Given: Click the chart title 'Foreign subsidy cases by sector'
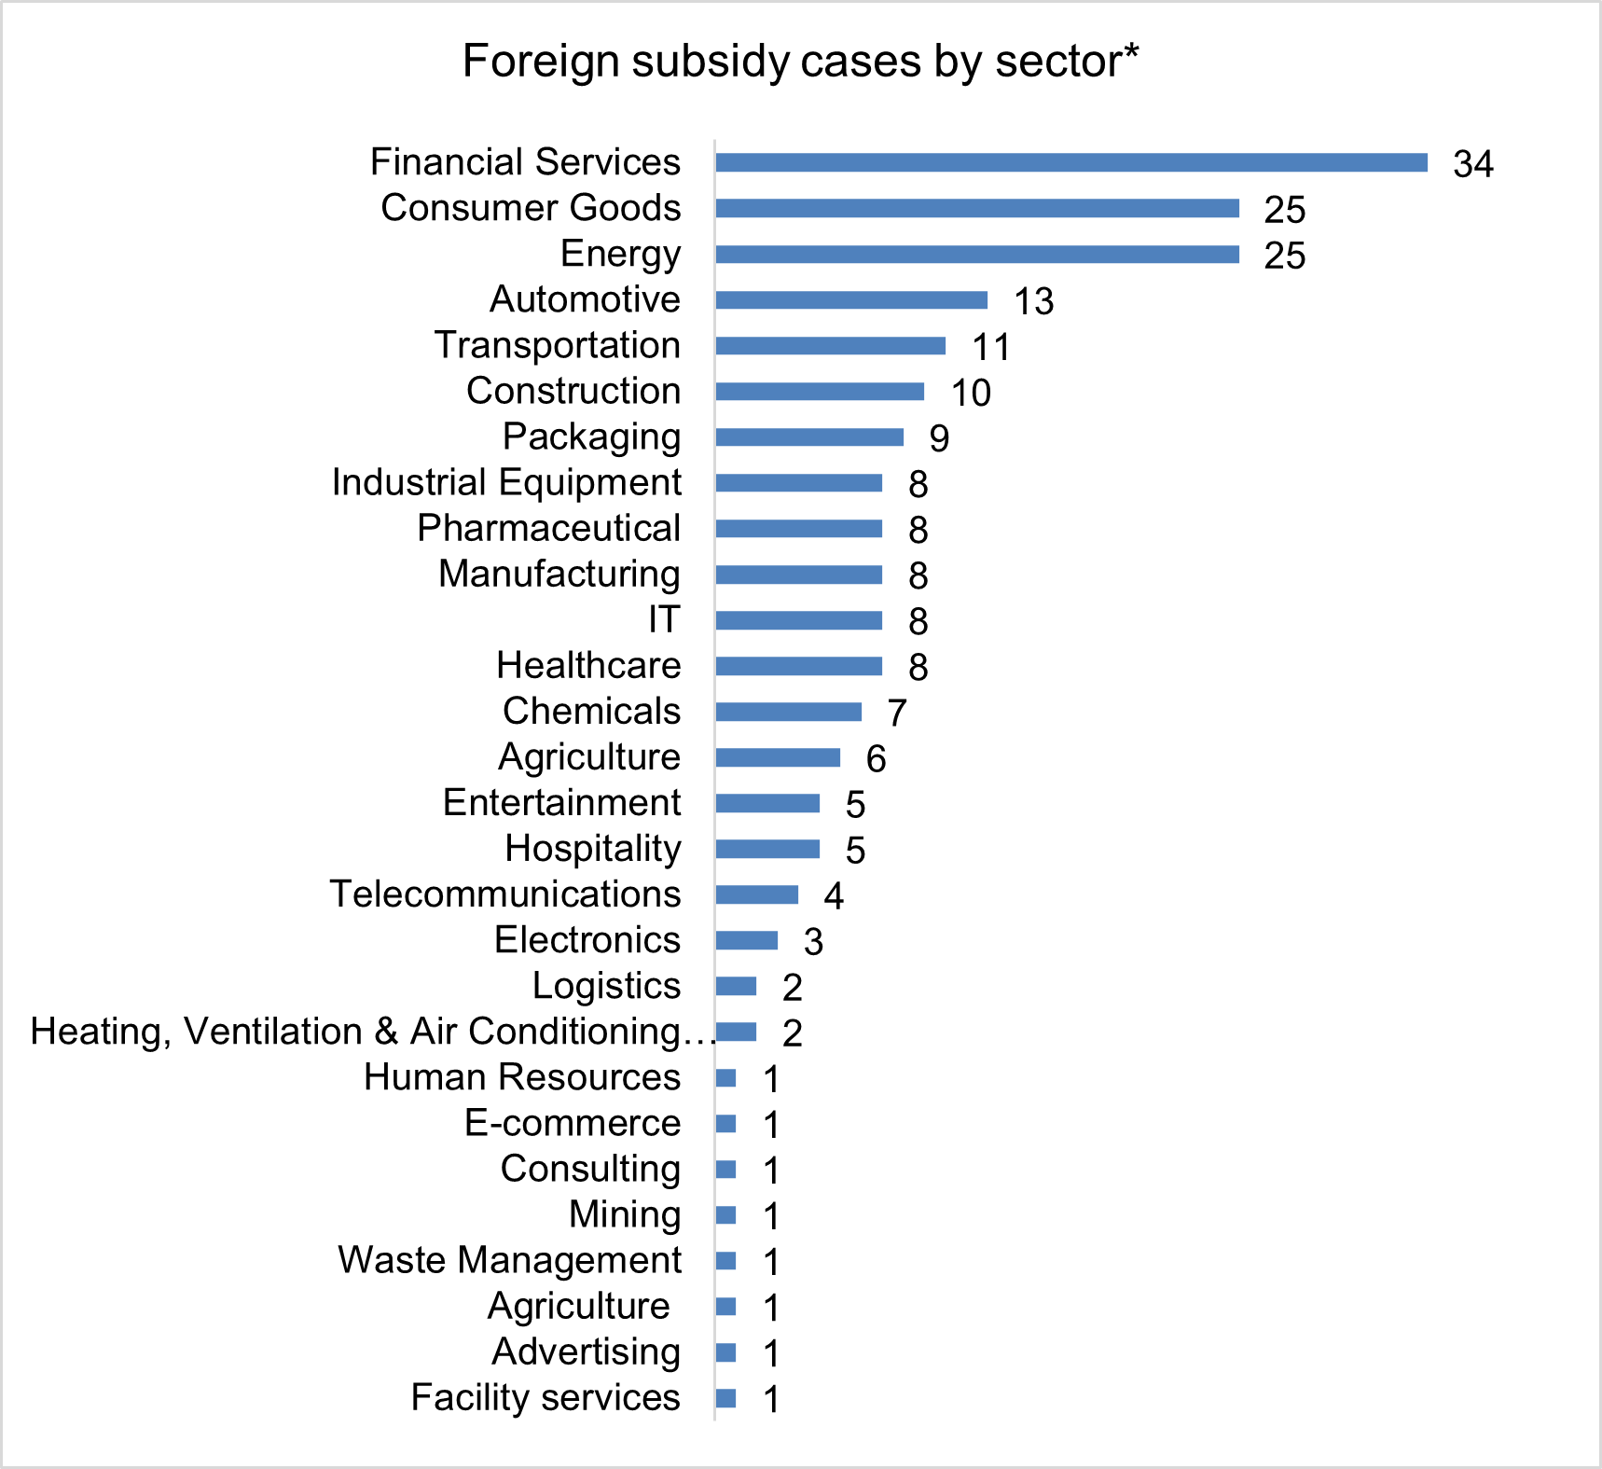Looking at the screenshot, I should (800, 62).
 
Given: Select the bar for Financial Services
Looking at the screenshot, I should (1070, 162).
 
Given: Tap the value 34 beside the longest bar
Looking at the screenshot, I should (1473, 164).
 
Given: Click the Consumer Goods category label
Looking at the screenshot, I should (531, 208).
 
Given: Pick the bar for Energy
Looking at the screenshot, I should (976, 255).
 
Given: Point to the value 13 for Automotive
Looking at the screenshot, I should (1033, 301).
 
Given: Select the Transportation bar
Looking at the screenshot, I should (830, 346).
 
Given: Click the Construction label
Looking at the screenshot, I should (573, 391).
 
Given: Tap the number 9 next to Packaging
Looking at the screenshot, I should (939, 438).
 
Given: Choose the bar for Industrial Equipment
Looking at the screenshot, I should (798, 483).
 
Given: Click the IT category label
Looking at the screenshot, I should (665, 619).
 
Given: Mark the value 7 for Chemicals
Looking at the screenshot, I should (897, 714).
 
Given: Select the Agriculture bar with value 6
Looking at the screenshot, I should (777, 757).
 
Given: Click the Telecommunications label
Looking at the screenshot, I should (505, 894).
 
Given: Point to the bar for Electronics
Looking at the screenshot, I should (746, 940).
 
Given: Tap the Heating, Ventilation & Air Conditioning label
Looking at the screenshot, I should (371, 1032).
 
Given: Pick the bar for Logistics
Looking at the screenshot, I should (736, 986).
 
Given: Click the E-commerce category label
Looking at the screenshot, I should (573, 1123).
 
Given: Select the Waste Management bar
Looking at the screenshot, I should (725, 1261).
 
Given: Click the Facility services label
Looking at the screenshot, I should (546, 1398).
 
